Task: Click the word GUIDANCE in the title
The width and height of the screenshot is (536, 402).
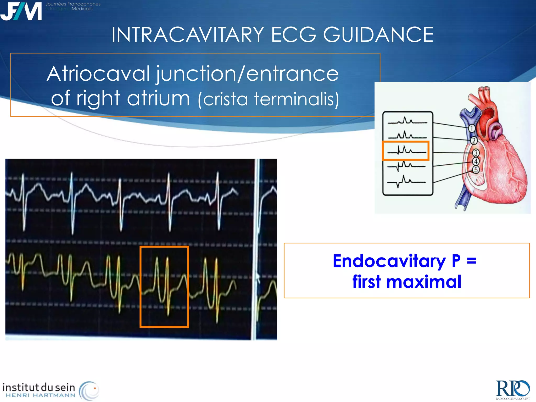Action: pos(378,35)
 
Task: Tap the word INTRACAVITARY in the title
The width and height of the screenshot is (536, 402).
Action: pos(188,35)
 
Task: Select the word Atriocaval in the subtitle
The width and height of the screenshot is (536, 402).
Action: pos(98,74)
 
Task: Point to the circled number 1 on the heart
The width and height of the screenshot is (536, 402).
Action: pos(471,129)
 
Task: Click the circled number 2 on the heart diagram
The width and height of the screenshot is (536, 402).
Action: pos(474,141)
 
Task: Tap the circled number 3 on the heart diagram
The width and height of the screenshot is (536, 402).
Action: pos(476,153)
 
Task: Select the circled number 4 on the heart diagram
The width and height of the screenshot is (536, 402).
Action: pos(476,161)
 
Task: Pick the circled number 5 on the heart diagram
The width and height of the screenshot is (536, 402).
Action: pos(476,170)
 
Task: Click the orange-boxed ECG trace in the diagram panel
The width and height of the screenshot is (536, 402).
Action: pos(406,150)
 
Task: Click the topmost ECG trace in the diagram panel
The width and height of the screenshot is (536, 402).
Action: pos(407,121)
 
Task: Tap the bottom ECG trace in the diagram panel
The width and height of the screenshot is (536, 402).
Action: pos(406,181)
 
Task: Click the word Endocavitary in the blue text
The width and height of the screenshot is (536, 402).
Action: pos(389,261)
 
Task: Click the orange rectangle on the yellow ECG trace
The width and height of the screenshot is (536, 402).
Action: pos(164,287)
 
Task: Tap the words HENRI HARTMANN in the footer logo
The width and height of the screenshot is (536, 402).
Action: pos(40,395)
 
